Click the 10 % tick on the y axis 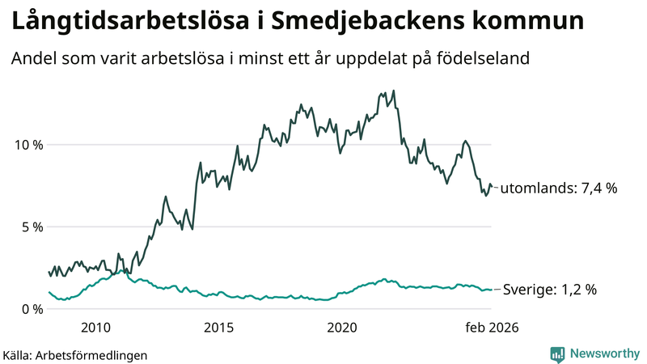pos(26,145)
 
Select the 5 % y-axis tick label pos(29,226)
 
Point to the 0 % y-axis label pos(29,309)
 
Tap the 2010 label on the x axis pos(95,328)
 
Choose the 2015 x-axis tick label pos(219,328)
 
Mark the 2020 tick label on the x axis pos(342,328)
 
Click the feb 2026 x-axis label pos(491,328)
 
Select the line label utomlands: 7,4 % pos(559,188)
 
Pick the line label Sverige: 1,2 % pos(550,290)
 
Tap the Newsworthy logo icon pos(557,353)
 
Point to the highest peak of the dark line pos(393,91)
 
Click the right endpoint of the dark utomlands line pos(491,187)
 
